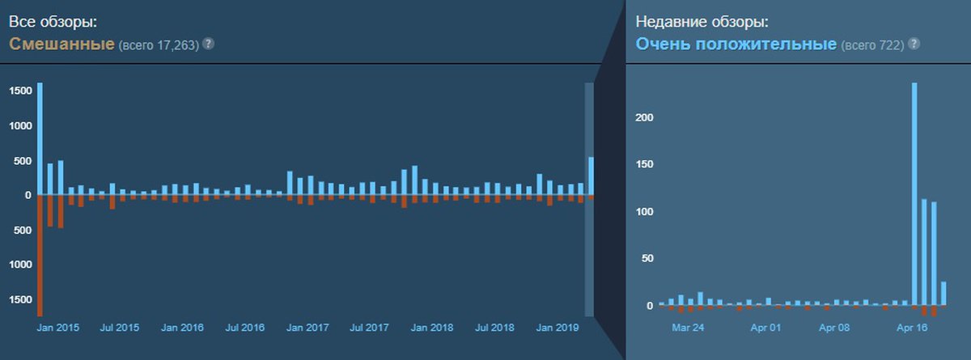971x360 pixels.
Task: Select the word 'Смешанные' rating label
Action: click(x=61, y=44)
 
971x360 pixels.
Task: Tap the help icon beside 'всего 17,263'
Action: click(x=208, y=44)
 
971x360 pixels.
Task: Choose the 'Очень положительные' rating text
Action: click(x=736, y=44)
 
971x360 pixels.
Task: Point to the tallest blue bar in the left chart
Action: click(x=40, y=138)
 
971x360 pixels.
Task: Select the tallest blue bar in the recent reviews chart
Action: click(x=914, y=194)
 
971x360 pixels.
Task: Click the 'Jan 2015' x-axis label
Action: click(x=58, y=328)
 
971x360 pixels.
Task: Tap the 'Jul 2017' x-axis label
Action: click(x=370, y=328)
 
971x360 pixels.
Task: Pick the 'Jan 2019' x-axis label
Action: click(x=558, y=328)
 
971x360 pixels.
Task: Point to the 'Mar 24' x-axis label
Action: click(x=688, y=328)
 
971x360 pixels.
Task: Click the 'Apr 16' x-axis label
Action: click(x=911, y=328)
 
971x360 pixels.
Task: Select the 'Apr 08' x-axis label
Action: click(x=834, y=328)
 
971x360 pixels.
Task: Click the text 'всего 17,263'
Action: click(x=159, y=45)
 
